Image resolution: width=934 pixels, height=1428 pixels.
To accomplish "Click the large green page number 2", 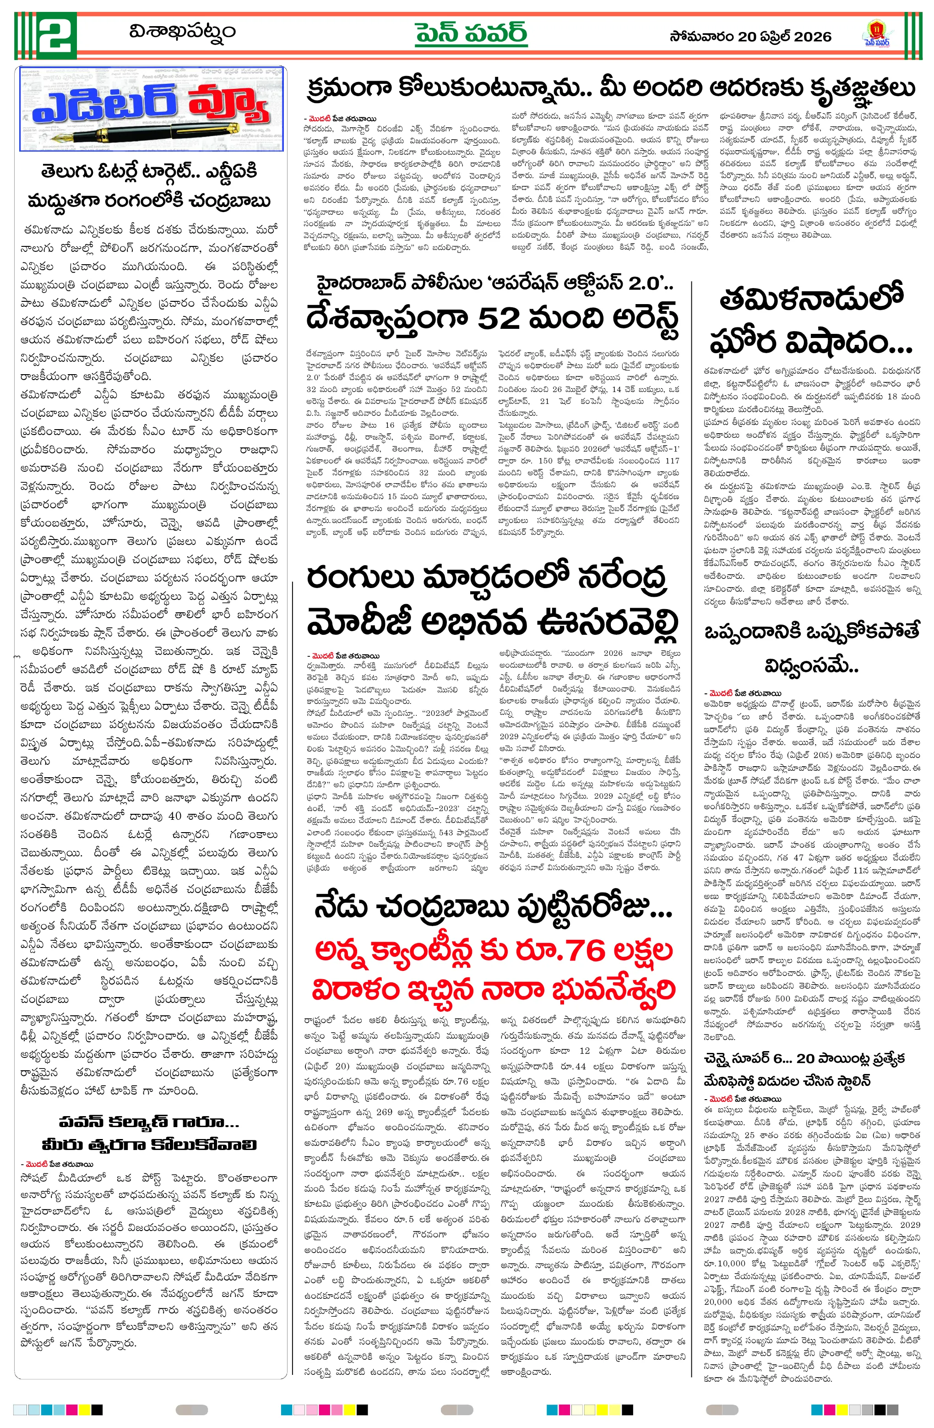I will click(x=56, y=35).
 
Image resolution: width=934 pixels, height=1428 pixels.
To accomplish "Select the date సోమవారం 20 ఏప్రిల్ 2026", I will click(x=750, y=37).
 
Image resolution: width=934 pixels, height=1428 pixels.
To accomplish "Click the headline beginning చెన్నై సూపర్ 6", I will click(x=804, y=1058).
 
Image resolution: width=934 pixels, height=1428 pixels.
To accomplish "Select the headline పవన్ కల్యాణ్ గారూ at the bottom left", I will click(x=149, y=1122).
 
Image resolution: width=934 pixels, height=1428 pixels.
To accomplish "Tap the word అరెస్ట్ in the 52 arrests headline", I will click(x=630, y=318).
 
